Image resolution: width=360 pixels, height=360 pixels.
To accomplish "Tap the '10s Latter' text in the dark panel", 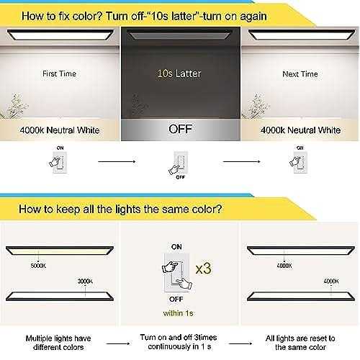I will [x=179, y=73].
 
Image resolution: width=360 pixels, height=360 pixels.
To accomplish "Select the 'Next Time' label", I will [x=300, y=73].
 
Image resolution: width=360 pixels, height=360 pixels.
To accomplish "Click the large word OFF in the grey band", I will [x=179, y=131].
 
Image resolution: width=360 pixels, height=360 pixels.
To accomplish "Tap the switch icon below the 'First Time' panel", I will [x=60, y=163].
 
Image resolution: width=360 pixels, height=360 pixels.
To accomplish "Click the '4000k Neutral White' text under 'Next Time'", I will [x=299, y=131].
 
